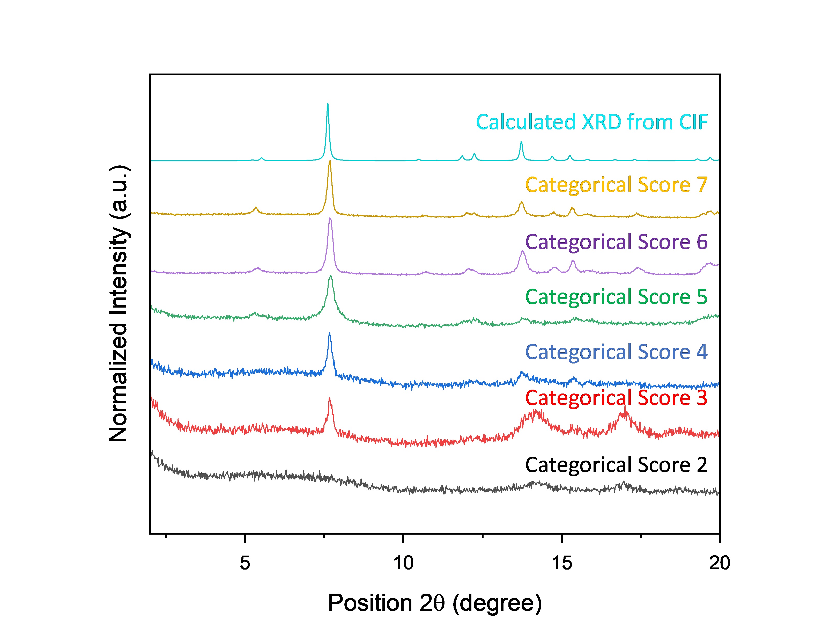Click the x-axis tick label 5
click(245, 563)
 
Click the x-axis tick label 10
click(403, 563)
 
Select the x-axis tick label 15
click(562, 563)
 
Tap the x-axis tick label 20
click(720, 563)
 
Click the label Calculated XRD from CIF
click(591, 122)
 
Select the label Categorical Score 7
click(616, 185)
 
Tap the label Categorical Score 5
click(616, 297)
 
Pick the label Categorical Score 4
click(616, 352)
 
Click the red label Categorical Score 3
click(616, 398)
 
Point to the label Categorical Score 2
click(616, 465)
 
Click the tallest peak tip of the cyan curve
click(328, 104)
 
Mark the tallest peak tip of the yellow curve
click(329, 161)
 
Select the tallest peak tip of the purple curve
click(330, 218)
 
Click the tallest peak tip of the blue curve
click(329, 333)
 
